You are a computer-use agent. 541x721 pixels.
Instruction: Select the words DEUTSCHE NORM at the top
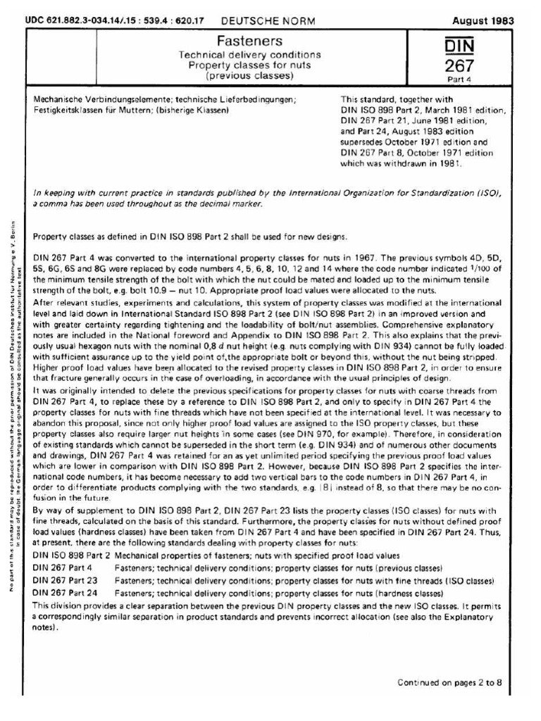(260, 21)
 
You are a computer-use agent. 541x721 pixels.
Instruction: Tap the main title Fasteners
(259, 42)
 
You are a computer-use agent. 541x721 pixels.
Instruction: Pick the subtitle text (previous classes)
(259, 75)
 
